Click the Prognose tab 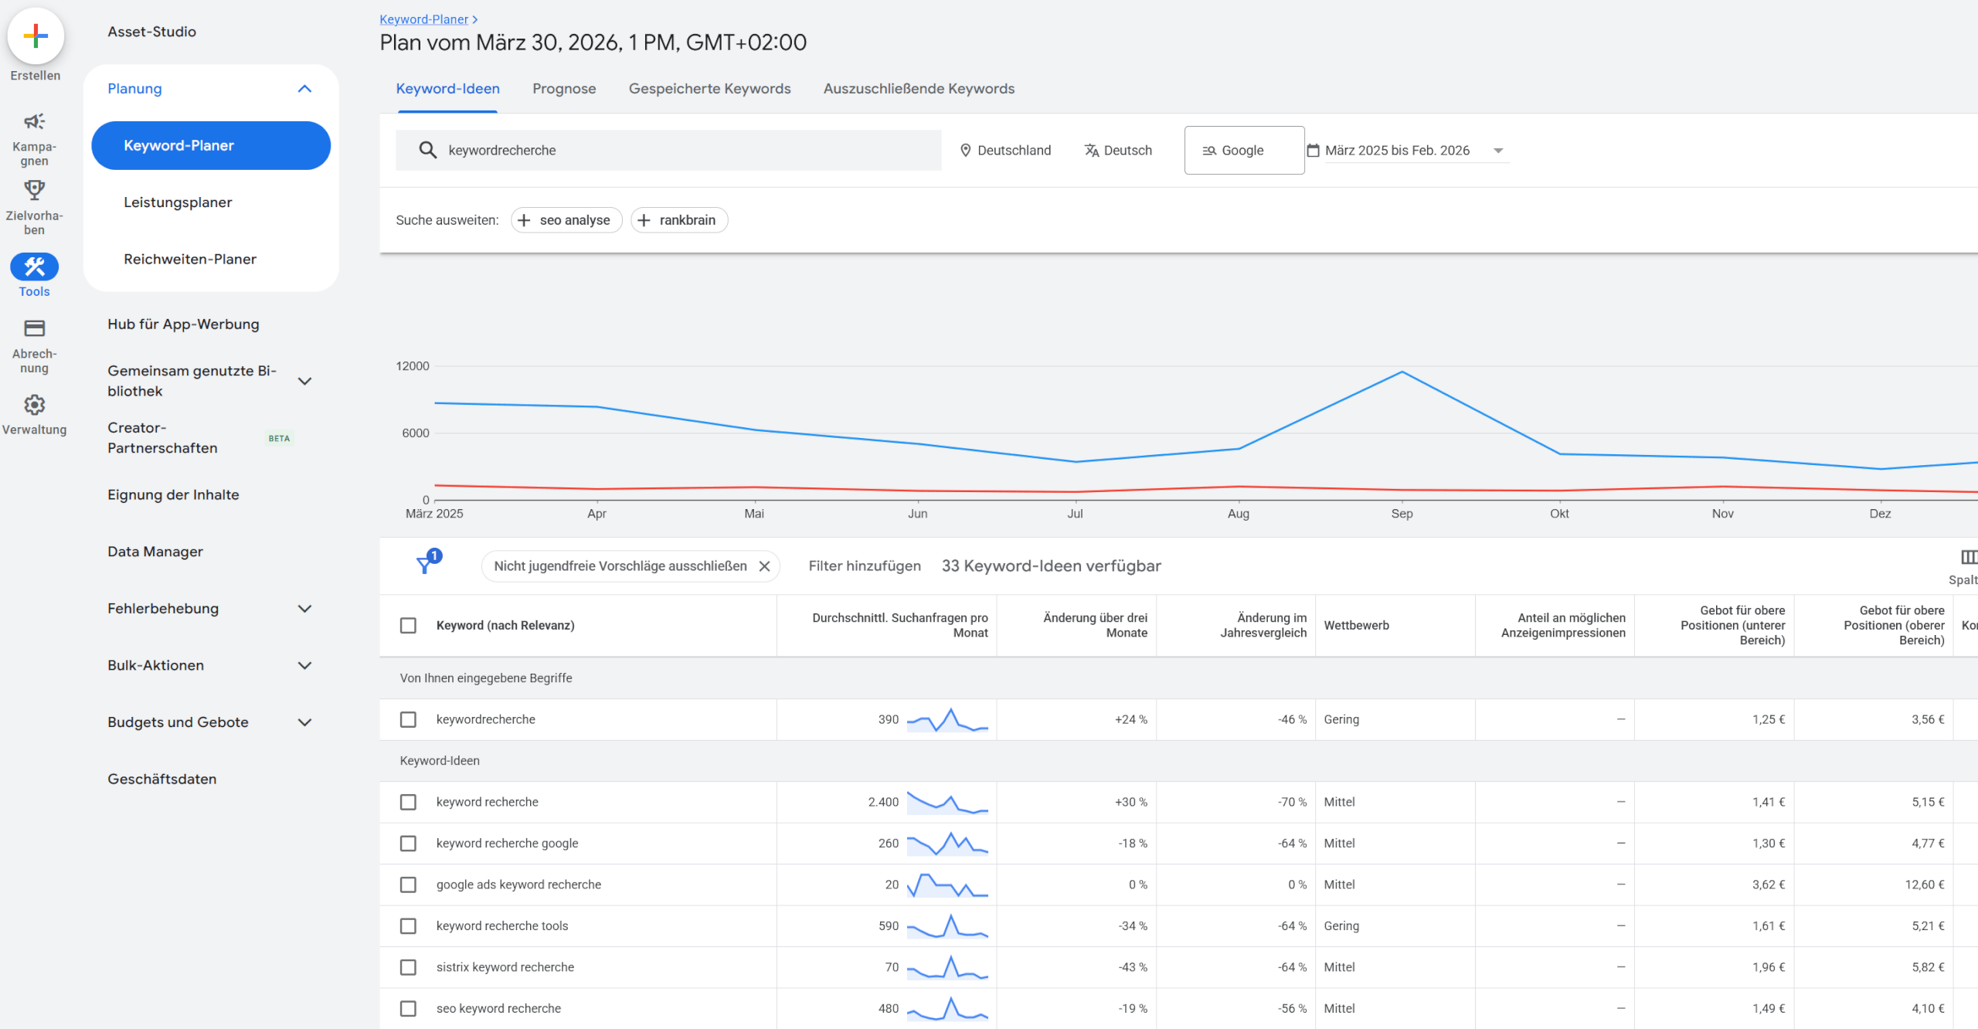pos(564,89)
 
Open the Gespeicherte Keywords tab pos(709,89)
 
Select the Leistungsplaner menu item pos(178,202)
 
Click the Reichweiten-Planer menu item pos(190,260)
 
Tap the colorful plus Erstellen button pos(36,36)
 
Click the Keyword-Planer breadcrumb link pos(423,19)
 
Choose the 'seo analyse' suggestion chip pos(566,220)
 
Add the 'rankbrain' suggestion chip pos(679,220)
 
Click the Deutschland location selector pos(1005,151)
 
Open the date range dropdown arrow pos(1498,151)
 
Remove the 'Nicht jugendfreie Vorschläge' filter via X pos(764,566)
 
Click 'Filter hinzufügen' pos(865,566)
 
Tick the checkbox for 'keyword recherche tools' pos(408,926)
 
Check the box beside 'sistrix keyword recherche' pos(408,967)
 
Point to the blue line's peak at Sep pos(1402,372)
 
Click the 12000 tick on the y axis pos(413,366)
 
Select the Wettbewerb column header pos(1356,626)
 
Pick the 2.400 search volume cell pos(883,802)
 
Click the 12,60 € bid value pos(1924,885)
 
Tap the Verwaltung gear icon pos(34,405)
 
